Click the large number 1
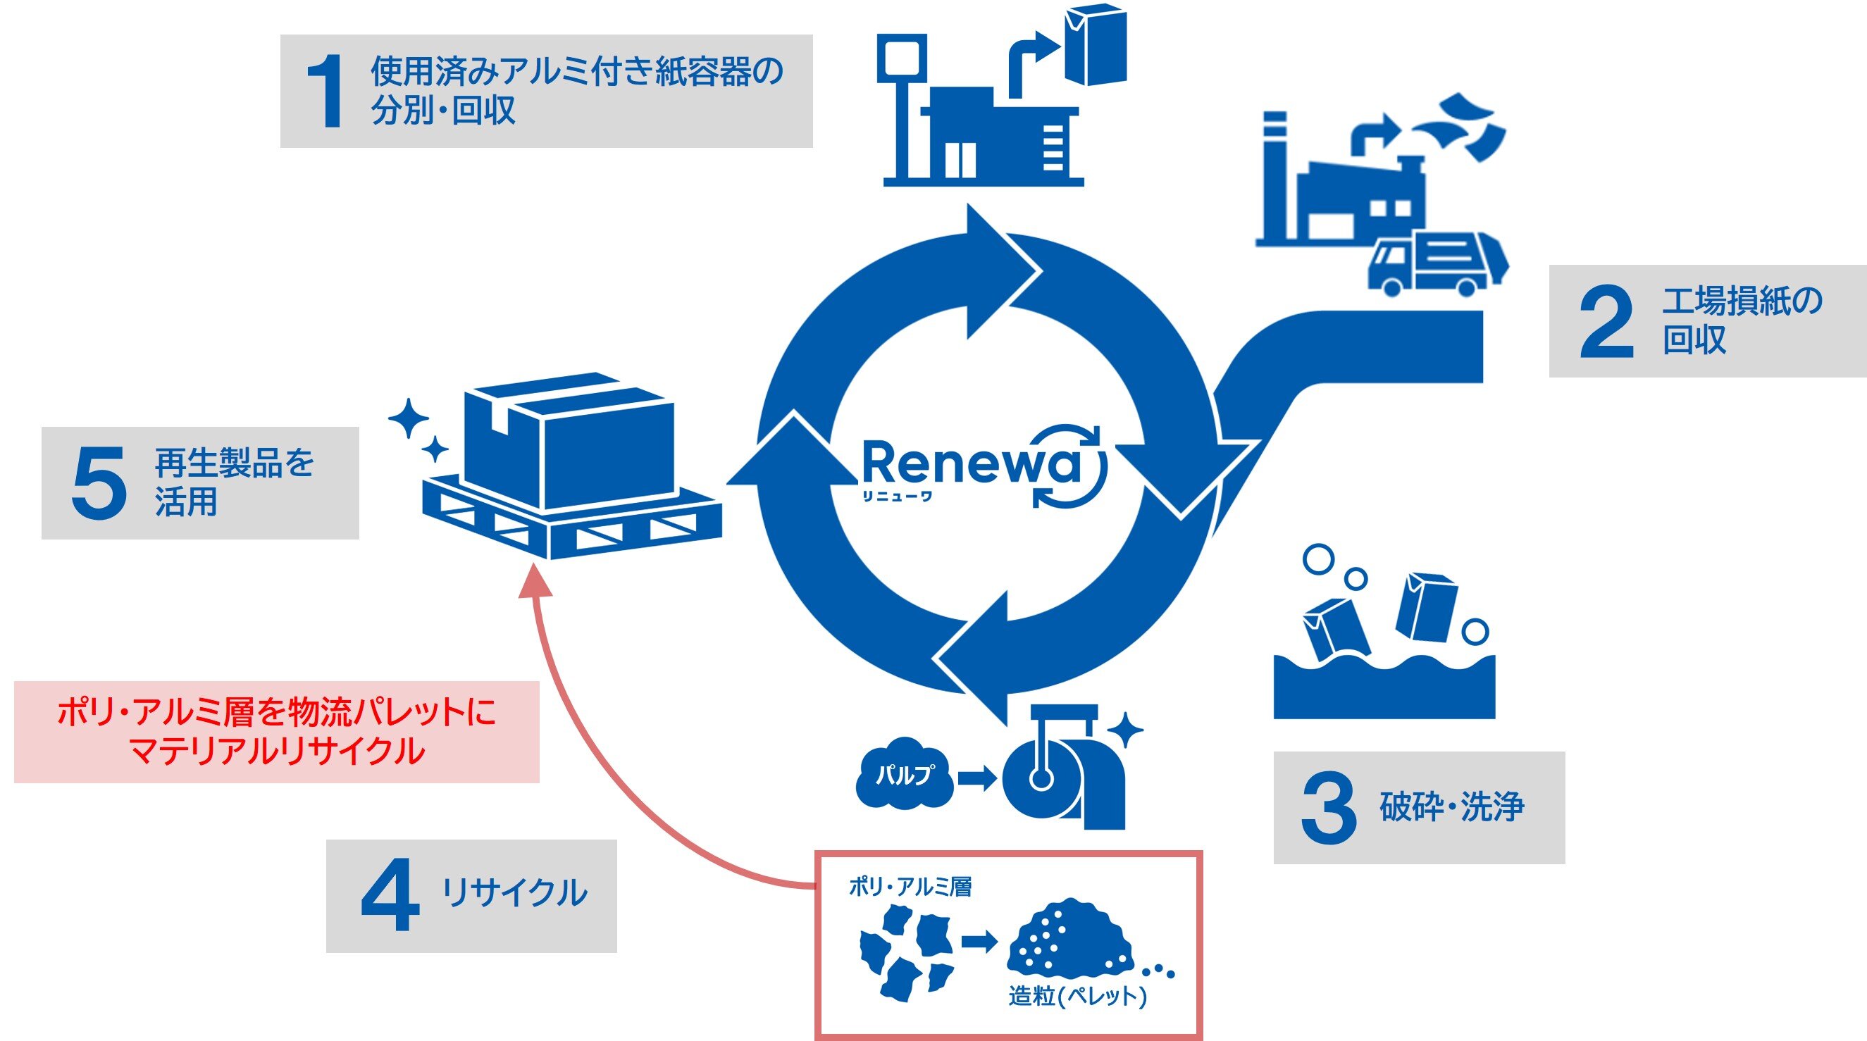coord(324,92)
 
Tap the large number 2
coord(1606,322)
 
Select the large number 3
coord(1329,808)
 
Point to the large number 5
coord(99,482)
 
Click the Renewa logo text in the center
coord(971,464)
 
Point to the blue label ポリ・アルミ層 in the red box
coord(910,886)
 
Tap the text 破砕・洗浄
coord(1452,807)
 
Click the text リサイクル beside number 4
coord(514,893)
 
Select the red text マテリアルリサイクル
coord(276,752)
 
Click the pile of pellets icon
coord(1069,938)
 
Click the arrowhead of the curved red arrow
coord(535,581)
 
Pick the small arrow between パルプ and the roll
coord(977,779)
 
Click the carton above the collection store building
coord(1094,45)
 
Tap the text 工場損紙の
coord(1742,301)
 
